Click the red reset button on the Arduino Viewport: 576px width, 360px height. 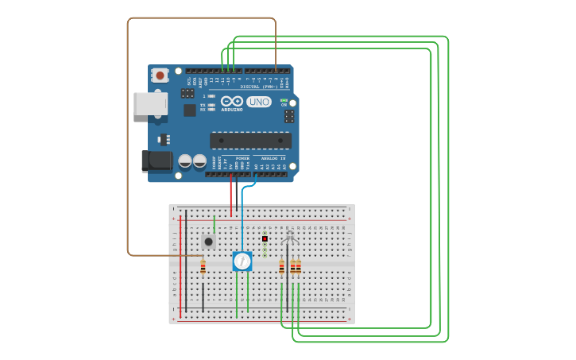coord(160,75)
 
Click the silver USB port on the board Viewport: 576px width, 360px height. coord(150,104)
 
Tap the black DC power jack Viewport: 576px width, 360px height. coord(157,161)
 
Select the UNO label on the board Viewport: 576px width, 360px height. coord(259,102)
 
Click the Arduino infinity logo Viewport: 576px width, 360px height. coord(232,102)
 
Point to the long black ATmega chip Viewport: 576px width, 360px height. coord(250,141)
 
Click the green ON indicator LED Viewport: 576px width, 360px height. coord(284,100)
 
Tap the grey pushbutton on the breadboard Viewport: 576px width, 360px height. coord(208,241)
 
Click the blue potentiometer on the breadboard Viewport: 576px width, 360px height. coord(242,261)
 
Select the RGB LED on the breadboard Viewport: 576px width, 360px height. coord(289,238)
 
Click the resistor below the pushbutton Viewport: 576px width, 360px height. coord(203,268)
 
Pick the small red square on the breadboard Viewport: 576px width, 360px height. coord(265,238)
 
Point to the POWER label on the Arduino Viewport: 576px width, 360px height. coord(242,158)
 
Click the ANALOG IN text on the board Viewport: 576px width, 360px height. coord(273,158)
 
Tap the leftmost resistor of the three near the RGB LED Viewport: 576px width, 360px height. coord(281,268)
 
